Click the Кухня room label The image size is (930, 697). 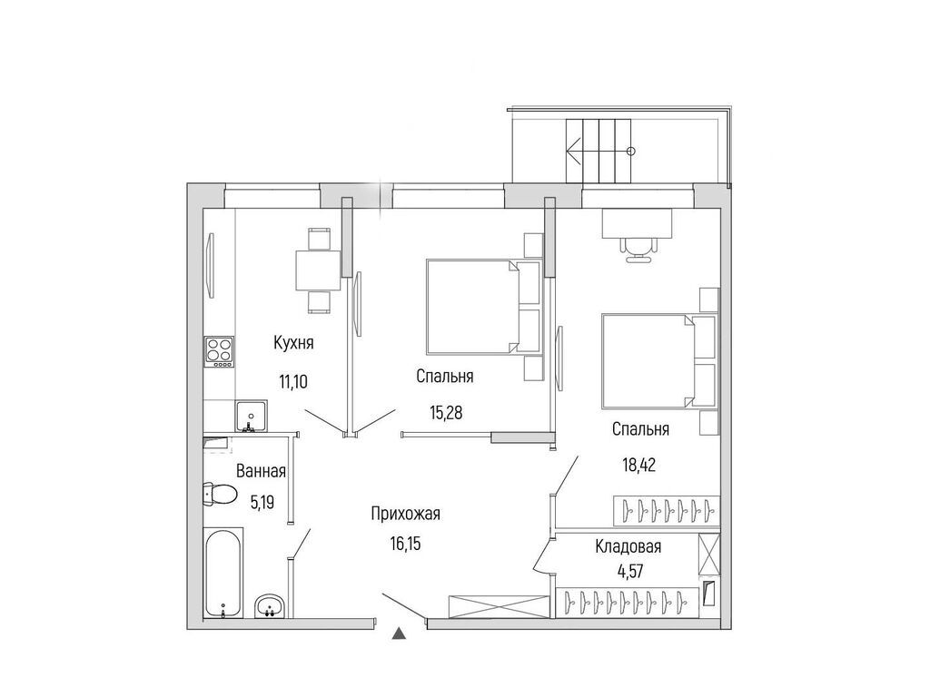(x=293, y=343)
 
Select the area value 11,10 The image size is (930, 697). (x=292, y=381)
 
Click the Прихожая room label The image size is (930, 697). (x=405, y=515)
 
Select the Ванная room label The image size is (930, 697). (x=261, y=471)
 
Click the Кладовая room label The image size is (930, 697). (x=628, y=546)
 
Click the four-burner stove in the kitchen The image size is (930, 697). (x=219, y=349)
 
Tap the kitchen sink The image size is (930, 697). (x=250, y=417)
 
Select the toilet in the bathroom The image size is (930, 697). (x=219, y=495)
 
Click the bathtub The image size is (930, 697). (x=223, y=573)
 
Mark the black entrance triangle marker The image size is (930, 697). (x=398, y=633)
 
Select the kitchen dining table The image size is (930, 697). (x=318, y=270)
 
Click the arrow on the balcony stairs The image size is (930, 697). (x=575, y=151)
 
